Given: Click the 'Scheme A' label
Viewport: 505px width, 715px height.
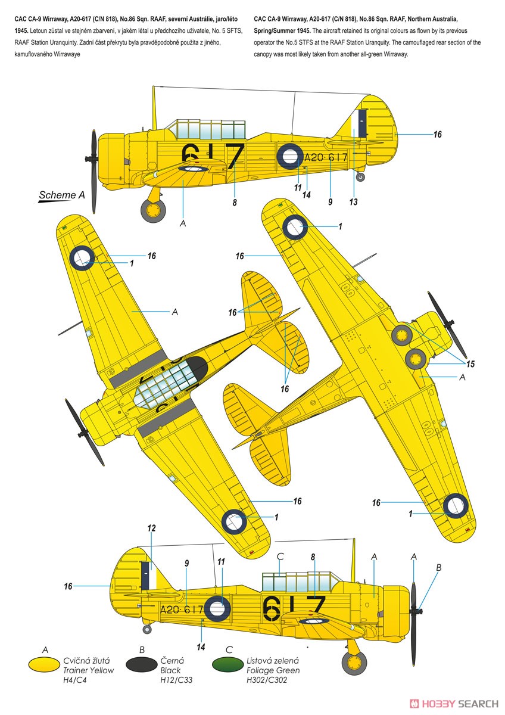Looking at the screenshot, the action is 61,195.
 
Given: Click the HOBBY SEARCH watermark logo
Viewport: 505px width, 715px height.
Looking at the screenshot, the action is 454,704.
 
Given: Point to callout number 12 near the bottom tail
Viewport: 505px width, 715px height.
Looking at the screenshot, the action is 151,529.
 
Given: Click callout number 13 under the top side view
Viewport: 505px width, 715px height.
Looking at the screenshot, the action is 353,202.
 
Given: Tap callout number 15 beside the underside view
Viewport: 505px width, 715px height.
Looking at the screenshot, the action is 470,364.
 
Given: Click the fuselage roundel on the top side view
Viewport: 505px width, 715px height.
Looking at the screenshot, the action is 290,156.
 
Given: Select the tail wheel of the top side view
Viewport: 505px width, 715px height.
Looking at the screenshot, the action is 360,177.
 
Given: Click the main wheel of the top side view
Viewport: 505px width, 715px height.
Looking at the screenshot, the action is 153,211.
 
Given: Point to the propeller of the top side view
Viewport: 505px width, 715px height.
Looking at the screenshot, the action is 94,172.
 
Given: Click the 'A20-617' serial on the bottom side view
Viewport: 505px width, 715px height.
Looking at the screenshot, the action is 181,610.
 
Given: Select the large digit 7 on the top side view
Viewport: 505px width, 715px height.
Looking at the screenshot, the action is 235,156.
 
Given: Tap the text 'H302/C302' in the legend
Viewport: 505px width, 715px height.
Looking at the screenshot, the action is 267,680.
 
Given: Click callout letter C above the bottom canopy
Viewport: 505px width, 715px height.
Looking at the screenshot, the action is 280,557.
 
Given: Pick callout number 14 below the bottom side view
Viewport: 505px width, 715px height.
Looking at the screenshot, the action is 201,647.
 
